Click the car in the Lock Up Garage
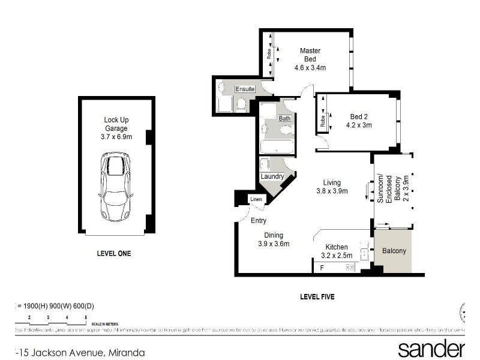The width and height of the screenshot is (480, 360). click(x=116, y=187)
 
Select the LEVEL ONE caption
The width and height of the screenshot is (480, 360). click(x=113, y=254)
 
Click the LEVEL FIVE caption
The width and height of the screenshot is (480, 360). click(x=317, y=297)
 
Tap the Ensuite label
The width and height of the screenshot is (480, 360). click(x=245, y=89)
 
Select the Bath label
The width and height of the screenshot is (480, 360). click(x=284, y=119)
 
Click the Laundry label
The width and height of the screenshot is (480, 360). click(x=272, y=176)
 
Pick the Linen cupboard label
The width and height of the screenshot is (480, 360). click(x=256, y=199)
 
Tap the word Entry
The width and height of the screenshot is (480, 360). click(x=259, y=221)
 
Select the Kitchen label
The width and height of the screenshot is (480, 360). click(x=337, y=247)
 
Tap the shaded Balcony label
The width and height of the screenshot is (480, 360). click(x=394, y=251)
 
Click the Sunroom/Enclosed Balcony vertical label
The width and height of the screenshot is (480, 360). click(x=389, y=190)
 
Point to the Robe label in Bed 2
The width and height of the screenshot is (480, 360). click(x=323, y=122)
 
